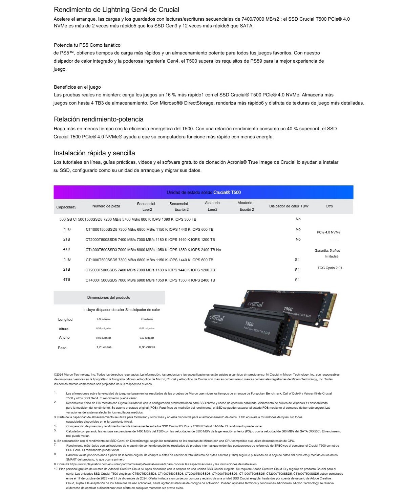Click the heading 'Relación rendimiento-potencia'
click(x=99, y=119)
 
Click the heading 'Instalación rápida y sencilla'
click(x=94, y=153)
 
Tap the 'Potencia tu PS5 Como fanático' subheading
click(x=87, y=45)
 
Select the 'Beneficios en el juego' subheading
click(x=77, y=87)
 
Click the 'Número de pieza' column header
click(x=106, y=206)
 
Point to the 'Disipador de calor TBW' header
click(x=289, y=206)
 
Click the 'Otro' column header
click(x=329, y=206)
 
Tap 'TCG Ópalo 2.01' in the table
click(x=330, y=268)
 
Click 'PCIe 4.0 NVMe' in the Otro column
click(x=328, y=232)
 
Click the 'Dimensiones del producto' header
click(x=109, y=297)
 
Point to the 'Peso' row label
click(x=62, y=348)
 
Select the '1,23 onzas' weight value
click(x=104, y=347)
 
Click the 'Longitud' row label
click(x=65, y=319)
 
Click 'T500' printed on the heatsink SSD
click(x=249, y=324)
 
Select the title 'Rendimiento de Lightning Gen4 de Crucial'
click(x=116, y=9)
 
